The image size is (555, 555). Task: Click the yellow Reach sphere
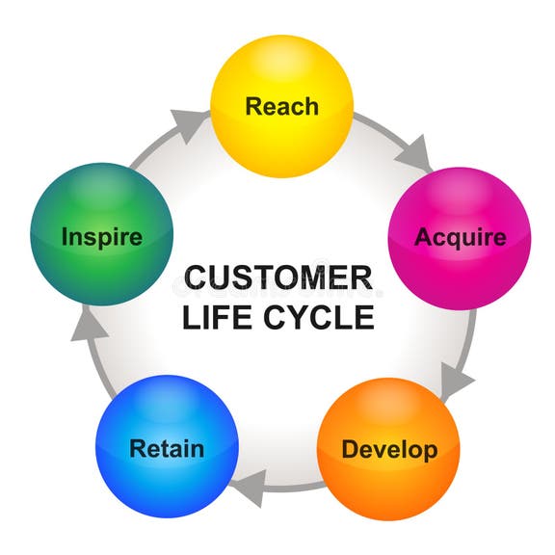tap(281, 107)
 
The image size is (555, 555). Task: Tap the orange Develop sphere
tap(388, 449)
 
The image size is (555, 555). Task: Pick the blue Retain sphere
tap(167, 449)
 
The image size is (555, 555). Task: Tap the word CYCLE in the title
tap(314, 317)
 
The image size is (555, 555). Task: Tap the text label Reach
tap(281, 107)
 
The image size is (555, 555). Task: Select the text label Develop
tap(388, 450)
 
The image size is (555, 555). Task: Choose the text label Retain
tap(167, 449)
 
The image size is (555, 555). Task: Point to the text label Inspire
tap(102, 237)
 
